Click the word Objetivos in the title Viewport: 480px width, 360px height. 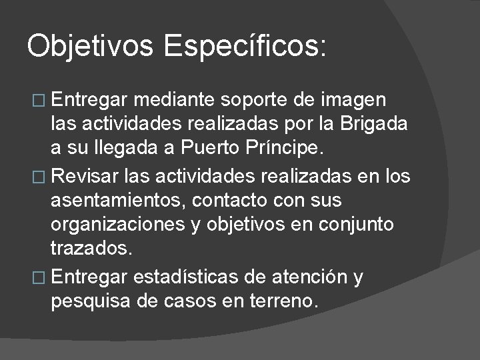point(90,47)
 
